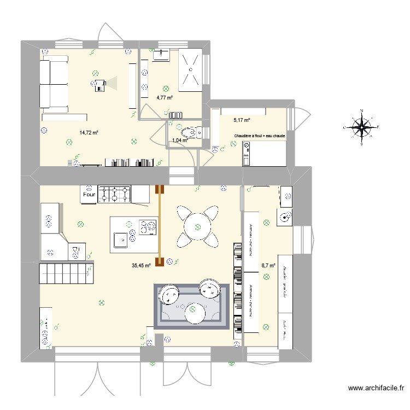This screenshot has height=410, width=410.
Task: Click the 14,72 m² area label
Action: click(89, 132)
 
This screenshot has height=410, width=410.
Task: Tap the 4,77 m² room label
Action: click(165, 98)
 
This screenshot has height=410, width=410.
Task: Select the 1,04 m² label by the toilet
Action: click(180, 140)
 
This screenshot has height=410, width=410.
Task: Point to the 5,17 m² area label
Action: click(242, 120)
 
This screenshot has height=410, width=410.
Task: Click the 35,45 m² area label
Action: click(141, 266)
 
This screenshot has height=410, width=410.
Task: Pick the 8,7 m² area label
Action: click(268, 266)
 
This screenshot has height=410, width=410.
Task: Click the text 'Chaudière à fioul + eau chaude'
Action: click(259, 136)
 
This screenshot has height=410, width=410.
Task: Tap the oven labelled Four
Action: click(89, 194)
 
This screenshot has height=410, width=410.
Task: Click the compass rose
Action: click(362, 127)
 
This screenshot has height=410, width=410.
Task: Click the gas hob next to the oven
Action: click(115, 194)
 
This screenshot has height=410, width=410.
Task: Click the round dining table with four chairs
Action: click(198, 225)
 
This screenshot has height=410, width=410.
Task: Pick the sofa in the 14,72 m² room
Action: click(53, 85)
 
